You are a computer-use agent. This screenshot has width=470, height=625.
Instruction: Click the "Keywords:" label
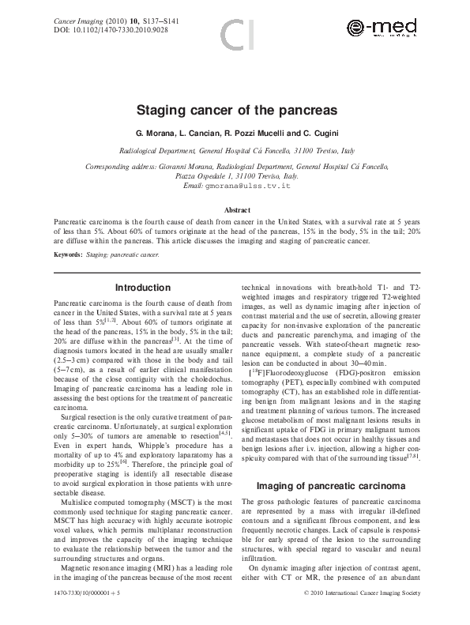(x=68, y=255)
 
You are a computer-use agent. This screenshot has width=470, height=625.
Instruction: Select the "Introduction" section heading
(x=142, y=288)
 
